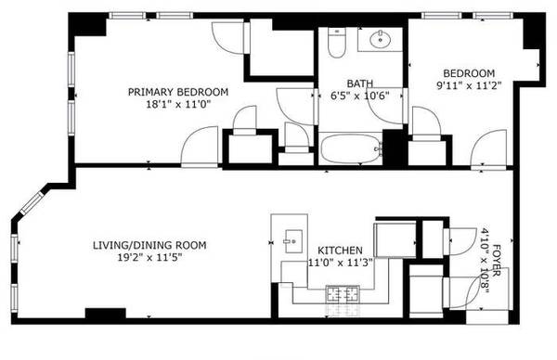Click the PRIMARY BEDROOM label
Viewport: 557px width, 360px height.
click(x=178, y=92)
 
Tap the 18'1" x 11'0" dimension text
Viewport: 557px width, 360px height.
click(x=178, y=104)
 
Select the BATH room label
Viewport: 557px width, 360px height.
click(x=360, y=84)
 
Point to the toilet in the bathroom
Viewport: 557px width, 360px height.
click(x=337, y=43)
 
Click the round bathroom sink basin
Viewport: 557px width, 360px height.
click(x=381, y=39)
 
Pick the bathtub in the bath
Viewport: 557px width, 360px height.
click(x=350, y=148)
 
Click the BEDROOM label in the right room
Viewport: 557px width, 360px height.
click(x=469, y=73)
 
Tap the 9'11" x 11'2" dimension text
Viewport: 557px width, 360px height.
click(x=469, y=85)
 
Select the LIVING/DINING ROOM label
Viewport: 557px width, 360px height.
click(x=149, y=245)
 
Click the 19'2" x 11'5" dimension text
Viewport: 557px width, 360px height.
click(x=149, y=257)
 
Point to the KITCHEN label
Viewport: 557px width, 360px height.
click(x=340, y=251)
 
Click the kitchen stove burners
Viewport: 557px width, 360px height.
click(x=343, y=294)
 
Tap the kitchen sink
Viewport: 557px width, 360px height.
click(x=293, y=241)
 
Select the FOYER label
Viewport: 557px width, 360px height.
click(x=497, y=260)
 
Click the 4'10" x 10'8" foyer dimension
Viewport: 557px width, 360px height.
click(x=485, y=260)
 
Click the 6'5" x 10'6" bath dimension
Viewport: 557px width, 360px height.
click(x=360, y=96)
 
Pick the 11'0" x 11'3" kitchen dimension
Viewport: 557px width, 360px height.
click(x=340, y=263)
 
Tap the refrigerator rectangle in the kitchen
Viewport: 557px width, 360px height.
click(x=395, y=240)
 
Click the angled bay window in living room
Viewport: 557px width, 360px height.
click(x=32, y=203)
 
